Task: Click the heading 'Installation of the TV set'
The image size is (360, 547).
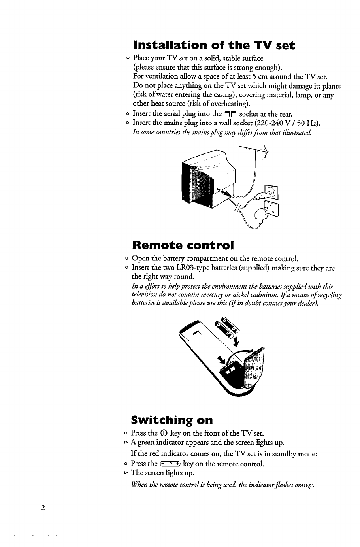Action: pyautogui.click(x=215, y=45)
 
